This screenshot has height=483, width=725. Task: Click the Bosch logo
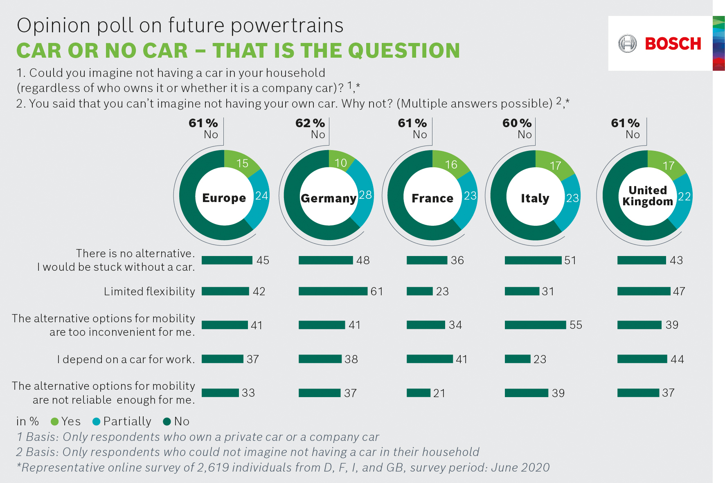tap(660, 44)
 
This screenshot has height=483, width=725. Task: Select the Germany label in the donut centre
tap(329, 198)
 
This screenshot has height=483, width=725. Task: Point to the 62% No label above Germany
tap(311, 128)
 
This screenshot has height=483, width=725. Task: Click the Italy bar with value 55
tap(535, 325)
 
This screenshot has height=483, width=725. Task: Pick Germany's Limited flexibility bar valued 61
tap(333, 291)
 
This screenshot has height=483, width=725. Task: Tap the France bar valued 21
tap(419, 393)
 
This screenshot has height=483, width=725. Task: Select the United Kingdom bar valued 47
tap(644, 291)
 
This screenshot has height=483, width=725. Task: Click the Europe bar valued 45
tap(227, 261)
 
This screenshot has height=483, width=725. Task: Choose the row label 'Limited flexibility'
tap(149, 291)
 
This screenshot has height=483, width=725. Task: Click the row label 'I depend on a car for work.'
tap(126, 359)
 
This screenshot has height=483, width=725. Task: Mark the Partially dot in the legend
tap(97, 422)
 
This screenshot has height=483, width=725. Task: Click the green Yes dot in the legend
tap(54, 422)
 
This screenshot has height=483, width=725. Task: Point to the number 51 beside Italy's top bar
tap(570, 261)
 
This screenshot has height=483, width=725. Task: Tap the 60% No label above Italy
tap(518, 128)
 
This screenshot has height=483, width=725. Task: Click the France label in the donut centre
tap(432, 198)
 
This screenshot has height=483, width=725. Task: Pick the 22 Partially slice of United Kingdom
tap(684, 197)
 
